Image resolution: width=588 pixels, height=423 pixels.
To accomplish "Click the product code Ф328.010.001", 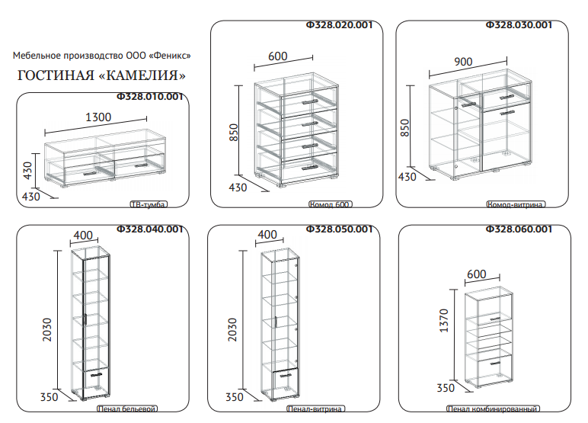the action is [149, 97].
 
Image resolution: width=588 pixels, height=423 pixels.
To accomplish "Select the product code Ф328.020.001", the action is [339, 25].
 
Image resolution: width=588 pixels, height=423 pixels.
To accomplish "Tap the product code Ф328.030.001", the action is [519, 25].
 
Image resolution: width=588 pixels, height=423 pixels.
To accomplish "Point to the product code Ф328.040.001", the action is [149, 229].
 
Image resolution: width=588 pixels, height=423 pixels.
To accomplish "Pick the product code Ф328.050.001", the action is [339, 229].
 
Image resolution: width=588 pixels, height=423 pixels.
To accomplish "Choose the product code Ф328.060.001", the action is [519, 229].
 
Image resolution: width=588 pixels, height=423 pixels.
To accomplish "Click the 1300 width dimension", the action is [98, 117].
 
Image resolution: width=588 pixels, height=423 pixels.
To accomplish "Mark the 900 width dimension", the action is [463, 62].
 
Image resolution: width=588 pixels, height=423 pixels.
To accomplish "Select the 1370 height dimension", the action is [443, 320].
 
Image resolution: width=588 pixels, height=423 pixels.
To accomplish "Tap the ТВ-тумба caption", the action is [149, 204].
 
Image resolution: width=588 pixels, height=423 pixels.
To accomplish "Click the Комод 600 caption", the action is [331, 204].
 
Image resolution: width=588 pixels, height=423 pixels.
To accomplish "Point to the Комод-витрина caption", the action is [516, 204].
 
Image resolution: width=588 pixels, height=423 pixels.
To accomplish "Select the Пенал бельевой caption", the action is [127, 409].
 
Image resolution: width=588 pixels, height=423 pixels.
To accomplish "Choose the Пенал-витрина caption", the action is [316, 409].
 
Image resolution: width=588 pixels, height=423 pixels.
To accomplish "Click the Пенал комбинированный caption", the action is [493, 409].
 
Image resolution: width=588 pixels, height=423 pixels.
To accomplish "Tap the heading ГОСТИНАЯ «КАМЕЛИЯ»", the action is [101, 75].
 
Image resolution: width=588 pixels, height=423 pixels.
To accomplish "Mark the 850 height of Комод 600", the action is [233, 132].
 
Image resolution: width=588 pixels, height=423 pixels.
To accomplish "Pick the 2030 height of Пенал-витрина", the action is [232, 329].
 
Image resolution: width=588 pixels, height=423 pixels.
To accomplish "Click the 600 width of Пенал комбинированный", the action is [477, 274].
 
